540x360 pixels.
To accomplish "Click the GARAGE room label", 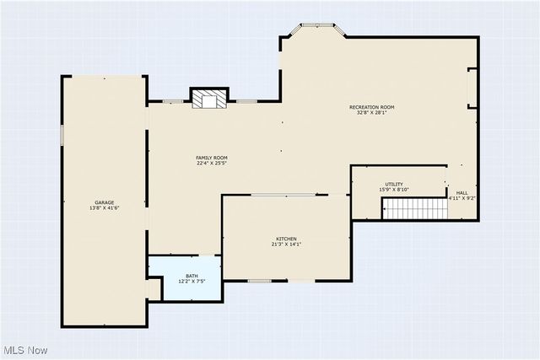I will click(x=105, y=202).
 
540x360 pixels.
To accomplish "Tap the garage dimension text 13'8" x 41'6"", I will click(x=105, y=208).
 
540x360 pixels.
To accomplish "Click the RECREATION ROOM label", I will click(x=372, y=107).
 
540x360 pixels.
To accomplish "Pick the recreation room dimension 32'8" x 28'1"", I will click(x=372, y=113).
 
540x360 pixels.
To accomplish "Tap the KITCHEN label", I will click(x=286, y=239).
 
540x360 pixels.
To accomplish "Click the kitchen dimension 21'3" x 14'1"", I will click(x=286, y=244).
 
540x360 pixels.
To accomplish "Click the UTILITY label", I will click(x=394, y=184).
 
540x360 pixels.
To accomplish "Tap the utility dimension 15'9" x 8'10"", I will click(x=394, y=190).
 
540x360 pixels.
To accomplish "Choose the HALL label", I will click(x=462, y=192).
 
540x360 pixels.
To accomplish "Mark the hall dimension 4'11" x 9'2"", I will click(x=462, y=198).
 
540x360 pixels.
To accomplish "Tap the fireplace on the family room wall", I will click(x=208, y=99).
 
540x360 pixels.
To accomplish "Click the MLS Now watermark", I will click(x=24, y=350).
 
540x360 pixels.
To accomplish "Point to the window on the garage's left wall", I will click(x=62, y=135).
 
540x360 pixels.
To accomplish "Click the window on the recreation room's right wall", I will click(x=472, y=88).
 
